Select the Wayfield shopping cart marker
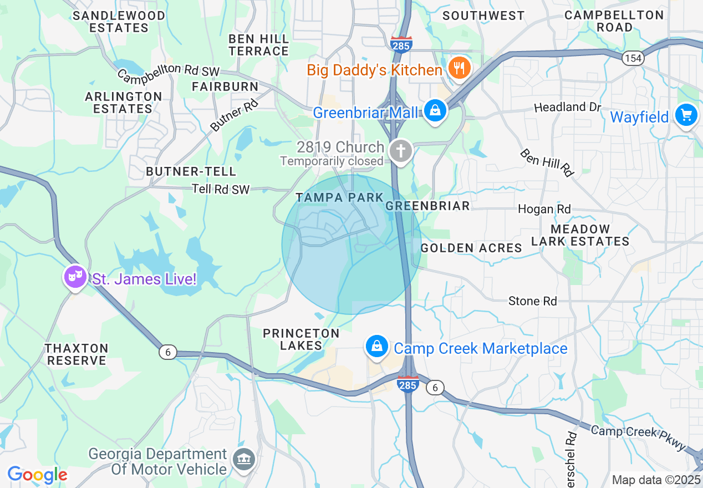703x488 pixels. click(x=686, y=115)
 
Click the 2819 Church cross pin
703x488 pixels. click(x=401, y=150)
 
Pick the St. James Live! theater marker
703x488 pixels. click(x=75, y=276)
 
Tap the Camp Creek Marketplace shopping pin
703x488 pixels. click(x=377, y=346)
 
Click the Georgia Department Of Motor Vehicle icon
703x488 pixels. click(x=244, y=459)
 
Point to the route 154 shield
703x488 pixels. click(x=632, y=58)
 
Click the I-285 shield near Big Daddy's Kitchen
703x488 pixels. click(x=400, y=45)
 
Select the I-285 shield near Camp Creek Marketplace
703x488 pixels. click(x=407, y=384)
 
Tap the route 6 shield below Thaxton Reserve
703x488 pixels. click(x=167, y=352)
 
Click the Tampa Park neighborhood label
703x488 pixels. click(x=339, y=197)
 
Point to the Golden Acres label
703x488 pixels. click(x=471, y=248)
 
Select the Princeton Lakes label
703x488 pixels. click(x=293, y=339)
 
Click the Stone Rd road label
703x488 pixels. click(x=532, y=301)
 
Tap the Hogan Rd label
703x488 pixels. click(x=544, y=209)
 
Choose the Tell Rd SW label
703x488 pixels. click(x=221, y=189)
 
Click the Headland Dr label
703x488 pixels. click(x=567, y=107)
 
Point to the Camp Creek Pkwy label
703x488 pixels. click(x=638, y=438)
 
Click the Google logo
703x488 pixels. click(x=37, y=475)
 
